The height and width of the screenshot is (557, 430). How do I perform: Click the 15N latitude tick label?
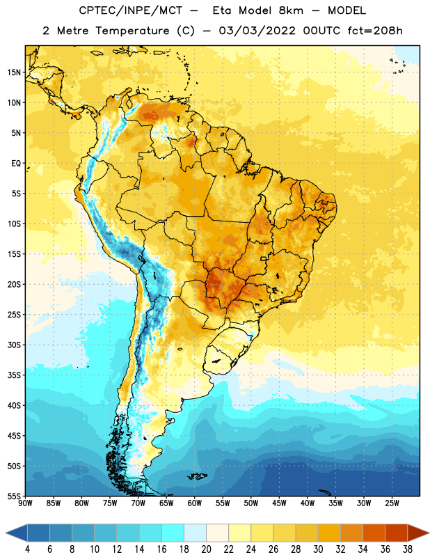point(14,72)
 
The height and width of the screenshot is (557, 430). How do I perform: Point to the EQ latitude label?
point(16,164)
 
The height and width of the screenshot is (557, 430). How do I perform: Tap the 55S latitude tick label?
point(14,496)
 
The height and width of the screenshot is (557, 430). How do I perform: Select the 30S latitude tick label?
point(14,345)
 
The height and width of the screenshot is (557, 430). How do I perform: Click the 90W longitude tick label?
point(26,503)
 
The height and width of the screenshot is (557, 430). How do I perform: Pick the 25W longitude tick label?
point(392,503)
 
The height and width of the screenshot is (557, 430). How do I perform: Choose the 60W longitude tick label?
point(195,503)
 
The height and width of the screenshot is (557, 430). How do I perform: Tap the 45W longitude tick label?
point(279,503)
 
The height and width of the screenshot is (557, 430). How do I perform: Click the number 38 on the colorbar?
point(407,549)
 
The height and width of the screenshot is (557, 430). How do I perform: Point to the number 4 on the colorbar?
point(27,549)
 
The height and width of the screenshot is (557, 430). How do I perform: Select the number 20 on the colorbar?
point(206,549)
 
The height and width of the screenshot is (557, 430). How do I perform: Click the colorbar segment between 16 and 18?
point(173,533)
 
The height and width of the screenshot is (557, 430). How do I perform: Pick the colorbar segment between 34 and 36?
point(374,533)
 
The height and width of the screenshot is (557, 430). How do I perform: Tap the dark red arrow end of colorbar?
point(417,533)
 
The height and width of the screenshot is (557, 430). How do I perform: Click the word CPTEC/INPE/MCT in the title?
point(131,10)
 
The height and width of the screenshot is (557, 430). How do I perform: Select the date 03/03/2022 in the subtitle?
point(257,31)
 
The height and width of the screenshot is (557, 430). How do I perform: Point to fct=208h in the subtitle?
point(375,31)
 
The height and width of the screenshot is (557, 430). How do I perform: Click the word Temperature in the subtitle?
point(132,31)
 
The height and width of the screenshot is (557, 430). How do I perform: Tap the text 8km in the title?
point(291,10)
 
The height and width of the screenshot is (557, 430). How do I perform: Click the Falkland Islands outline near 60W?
point(197,476)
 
